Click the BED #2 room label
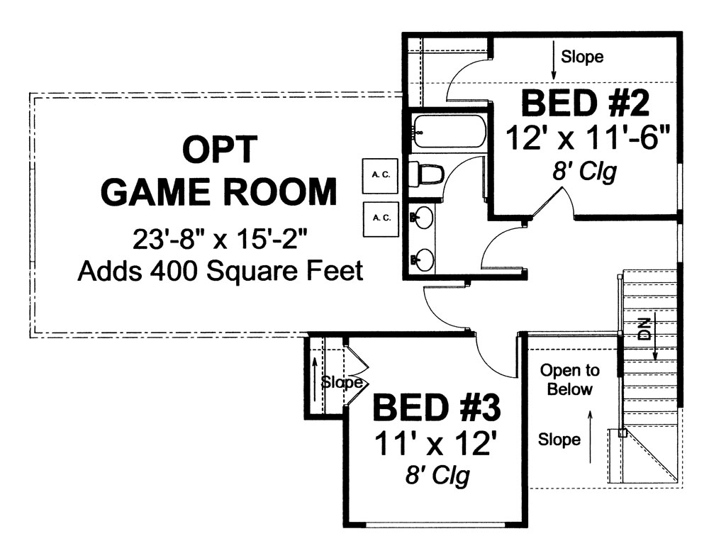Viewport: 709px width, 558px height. tap(586, 104)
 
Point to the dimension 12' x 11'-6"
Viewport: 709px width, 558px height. tap(588, 138)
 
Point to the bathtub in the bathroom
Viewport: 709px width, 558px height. tap(448, 131)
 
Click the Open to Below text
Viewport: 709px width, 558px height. tap(569, 380)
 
